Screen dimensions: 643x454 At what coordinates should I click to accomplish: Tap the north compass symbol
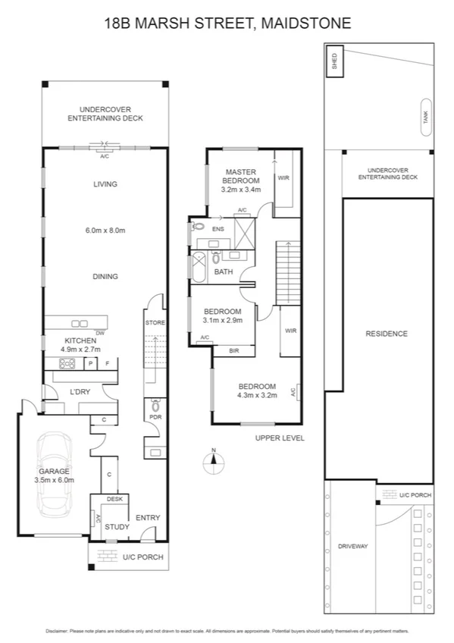(x=214, y=460)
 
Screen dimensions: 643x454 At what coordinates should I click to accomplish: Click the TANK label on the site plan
(x=425, y=118)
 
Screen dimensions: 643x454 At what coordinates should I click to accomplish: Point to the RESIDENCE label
(x=386, y=334)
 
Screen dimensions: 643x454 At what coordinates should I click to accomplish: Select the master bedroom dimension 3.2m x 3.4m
(x=241, y=190)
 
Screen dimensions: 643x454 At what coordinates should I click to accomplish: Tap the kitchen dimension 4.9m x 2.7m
(x=80, y=350)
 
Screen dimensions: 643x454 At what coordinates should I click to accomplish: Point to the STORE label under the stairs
(x=155, y=323)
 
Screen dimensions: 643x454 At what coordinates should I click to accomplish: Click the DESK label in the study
(x=114, y=499)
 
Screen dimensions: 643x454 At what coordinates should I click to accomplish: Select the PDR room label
(x=154, y=417)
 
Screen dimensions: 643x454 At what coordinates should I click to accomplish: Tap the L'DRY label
(x=80, y=391)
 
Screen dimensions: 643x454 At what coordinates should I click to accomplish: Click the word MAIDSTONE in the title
(x=307, y=24)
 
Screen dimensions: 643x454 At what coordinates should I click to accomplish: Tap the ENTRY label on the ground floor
(x=148, y=518)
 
